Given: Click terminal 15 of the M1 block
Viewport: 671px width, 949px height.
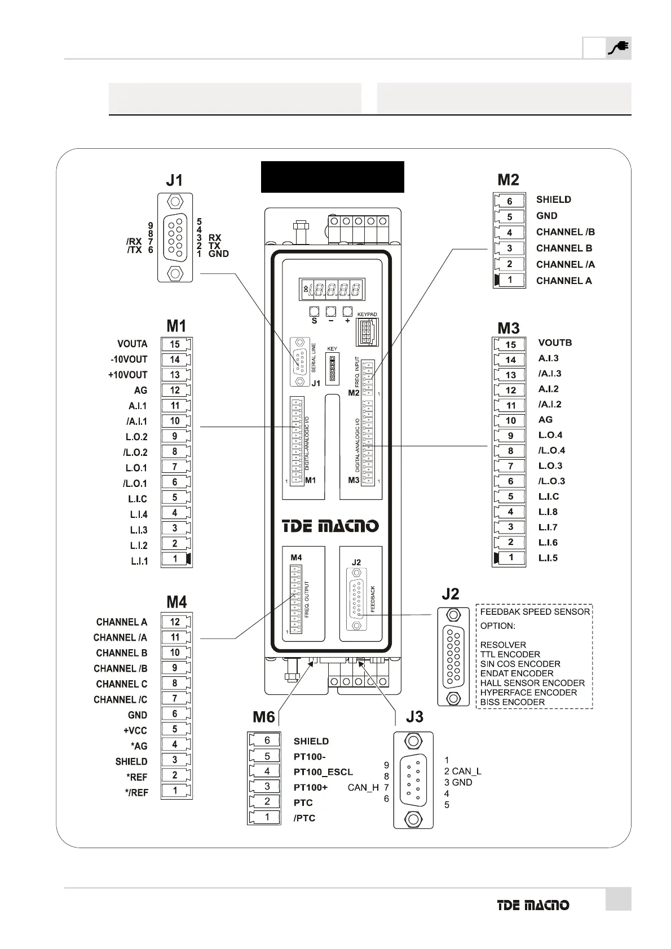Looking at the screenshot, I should (x=175, y=344).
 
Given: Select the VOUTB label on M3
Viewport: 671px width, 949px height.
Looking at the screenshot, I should (x=555, y=343).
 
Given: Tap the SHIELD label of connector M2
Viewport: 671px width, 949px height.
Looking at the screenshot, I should (x=553, y=199).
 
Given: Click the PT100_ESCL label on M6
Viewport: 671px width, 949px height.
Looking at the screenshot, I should (x=323, y=771).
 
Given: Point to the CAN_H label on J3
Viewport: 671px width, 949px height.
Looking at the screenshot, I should (x=363, y=787).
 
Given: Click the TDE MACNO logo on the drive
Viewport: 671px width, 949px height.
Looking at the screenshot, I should (x=330, y=526).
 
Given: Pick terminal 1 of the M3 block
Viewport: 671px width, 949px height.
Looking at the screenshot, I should (x=511, y=558).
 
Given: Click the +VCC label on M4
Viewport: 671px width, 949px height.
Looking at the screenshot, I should (x=135, y=730).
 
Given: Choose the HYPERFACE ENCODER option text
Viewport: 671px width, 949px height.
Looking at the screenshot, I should (x=528, y=693).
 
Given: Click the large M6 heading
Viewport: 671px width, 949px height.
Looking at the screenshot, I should (x=263, y=717).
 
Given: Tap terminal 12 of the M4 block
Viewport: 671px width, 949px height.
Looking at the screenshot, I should (x=175, y=622).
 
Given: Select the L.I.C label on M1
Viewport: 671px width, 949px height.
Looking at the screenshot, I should (x=137, y=499).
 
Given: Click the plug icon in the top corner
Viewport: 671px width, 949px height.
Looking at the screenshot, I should (x=618, y=48).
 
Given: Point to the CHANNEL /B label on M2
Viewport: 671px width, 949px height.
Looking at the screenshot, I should (x=565, y=232).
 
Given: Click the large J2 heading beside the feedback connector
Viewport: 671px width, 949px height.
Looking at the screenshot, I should (x=450, y=593).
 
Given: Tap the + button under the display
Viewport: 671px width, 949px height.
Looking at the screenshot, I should (x=347, y=312).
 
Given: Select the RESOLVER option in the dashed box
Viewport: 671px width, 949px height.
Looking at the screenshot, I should (x=503, y=645).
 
